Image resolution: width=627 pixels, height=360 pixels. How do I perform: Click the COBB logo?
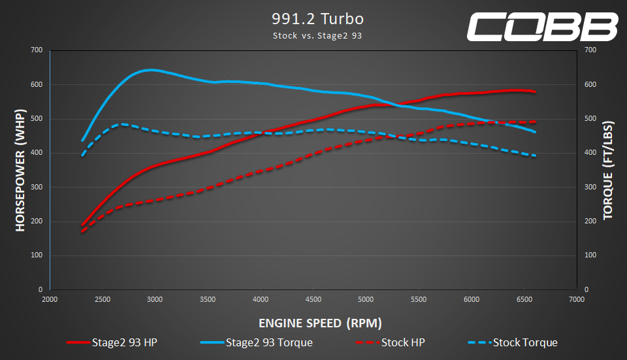coord(541,26)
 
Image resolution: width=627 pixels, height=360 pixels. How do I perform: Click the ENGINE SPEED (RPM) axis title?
coord(320,323)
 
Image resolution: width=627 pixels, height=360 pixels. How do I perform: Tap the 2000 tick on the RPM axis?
coord(50,299)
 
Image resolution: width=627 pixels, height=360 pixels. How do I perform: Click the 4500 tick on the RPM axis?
coord(313,299)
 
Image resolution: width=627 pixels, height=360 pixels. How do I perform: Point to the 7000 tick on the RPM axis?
coord(577,299)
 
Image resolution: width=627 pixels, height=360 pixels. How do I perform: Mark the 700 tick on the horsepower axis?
coord(37,50)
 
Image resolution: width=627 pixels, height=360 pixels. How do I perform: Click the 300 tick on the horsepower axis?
coord(37,187)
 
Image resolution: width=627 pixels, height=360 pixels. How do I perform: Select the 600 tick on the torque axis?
coord(590,84)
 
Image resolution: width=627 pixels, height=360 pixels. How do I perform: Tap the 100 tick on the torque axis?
coord(590,255)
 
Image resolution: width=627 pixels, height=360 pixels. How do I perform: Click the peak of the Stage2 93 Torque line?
coord(151,69)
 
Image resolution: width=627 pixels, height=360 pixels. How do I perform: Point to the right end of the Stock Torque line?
coord(536,155)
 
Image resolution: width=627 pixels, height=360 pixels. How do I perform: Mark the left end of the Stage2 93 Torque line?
coord(82,140)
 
